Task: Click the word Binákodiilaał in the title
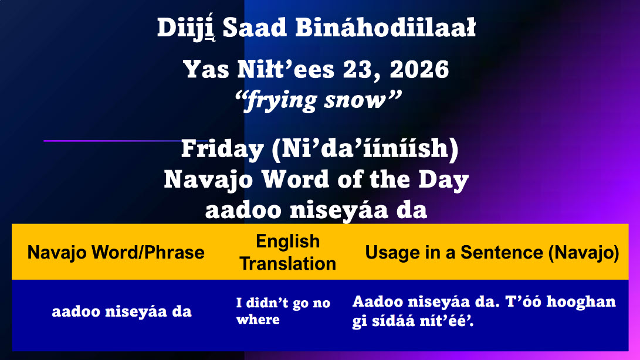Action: point(385,28)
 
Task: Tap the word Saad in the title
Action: point(255,28)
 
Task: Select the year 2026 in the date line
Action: point(419,69)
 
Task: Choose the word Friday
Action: point(222,148)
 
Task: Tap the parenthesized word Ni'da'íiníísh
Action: point(365,148)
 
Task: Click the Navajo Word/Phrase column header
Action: point(116,252)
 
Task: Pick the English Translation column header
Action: point(288,252)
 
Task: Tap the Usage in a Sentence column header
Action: point(492,252)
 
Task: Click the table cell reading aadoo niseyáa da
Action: point(121,311)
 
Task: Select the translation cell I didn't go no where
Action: point(283,311)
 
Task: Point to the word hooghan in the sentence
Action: point(581,303)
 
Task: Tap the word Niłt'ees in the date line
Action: point(286,69)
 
